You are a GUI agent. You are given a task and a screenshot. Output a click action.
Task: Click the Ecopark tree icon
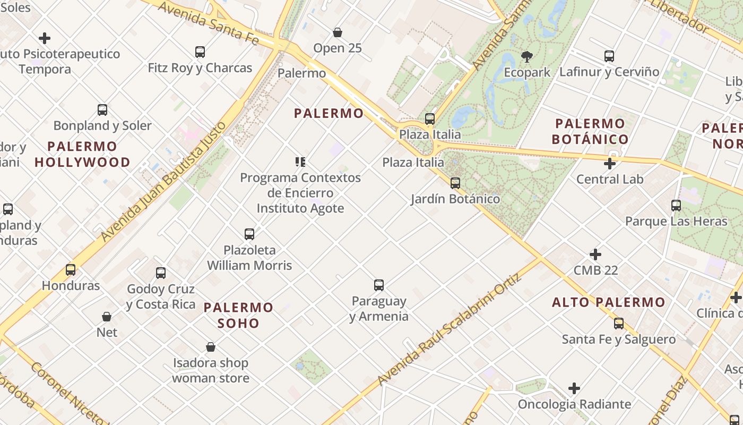pos(527,56)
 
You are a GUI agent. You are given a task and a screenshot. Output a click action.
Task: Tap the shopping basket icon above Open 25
pos(338,32)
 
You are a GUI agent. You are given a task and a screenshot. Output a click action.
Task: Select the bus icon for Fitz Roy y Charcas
pos(200,52)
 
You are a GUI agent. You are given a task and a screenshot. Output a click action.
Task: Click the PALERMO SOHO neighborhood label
pos(238,315)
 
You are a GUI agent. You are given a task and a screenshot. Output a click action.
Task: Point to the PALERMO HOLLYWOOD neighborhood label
pos(82,154)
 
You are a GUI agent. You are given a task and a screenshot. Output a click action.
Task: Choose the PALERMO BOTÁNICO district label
pos(590,131)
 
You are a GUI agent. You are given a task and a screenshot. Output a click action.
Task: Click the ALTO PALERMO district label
pos(608,302)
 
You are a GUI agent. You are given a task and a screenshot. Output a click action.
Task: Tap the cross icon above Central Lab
pos(610,164)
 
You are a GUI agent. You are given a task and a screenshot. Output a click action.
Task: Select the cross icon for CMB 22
pos(595,254)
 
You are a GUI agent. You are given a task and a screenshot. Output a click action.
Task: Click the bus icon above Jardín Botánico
pos(455,183)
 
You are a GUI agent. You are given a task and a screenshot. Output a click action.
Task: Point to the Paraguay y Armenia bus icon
pos(379,285)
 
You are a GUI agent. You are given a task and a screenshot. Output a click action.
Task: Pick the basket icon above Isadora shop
pos(211,347)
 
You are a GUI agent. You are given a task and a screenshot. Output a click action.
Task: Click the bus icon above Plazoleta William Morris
pos(249,234)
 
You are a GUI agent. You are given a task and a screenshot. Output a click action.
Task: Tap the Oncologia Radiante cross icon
pos(574,388)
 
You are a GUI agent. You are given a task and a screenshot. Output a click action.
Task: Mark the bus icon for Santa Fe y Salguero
pos(619,324)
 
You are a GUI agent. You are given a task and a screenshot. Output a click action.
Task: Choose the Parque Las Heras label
pos(676,221)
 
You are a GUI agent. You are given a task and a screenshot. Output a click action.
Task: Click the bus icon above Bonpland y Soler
pos(102,110)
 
